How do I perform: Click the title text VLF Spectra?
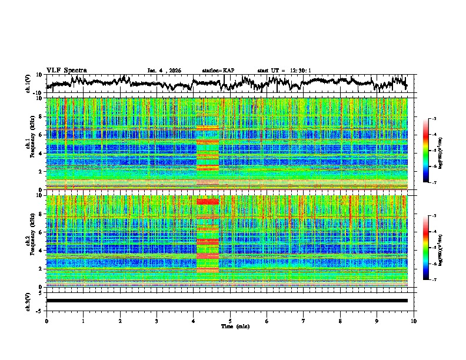coord(66,70)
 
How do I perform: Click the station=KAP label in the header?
coord(218,71)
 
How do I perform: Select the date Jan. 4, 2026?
coord(164,71)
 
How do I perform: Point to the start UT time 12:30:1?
coord(284,71)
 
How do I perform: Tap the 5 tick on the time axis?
coord(230,320)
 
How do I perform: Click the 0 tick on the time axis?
coord(46,320)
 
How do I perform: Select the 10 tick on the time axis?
coord(414,320)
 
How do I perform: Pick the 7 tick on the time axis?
coord(304,320)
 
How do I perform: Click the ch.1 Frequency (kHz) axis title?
coord(29,144)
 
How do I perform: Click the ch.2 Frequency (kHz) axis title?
coord(29,241)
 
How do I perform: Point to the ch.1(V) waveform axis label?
coord(29,84)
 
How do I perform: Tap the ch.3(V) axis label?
coord(29,301)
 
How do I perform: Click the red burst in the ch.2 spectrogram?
coord(207,235)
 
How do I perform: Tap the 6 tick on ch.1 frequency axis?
coord(42,135)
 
